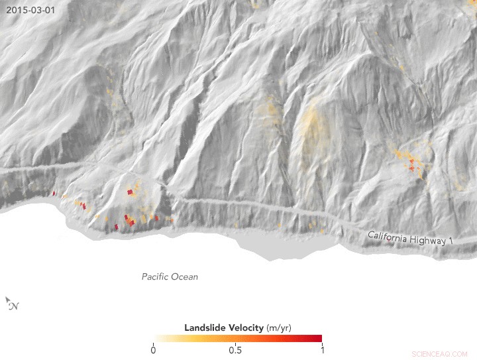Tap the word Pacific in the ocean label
click(x=156, y=276)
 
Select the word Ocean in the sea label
click(x=185, y=276)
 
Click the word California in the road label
click(x=390, y=236)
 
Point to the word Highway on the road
click(x=429, y=240)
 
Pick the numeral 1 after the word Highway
click(x=451, y=242)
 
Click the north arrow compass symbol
click(x=12, y=304)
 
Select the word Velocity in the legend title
click(x=246, y=328)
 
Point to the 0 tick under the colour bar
click(x=154, y=349)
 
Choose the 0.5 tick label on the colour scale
click(x=235, y=349)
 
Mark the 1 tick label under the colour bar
click(x=321, y=349)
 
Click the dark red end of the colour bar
click(x=318, y=338)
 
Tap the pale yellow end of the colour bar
click(x=157, y=338)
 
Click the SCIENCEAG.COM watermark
click(x=439, y=354)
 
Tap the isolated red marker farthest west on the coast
click(x=54, y=194)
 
